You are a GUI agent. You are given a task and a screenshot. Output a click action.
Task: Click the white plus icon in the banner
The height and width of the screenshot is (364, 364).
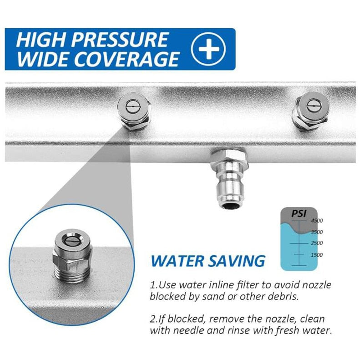[208, 49]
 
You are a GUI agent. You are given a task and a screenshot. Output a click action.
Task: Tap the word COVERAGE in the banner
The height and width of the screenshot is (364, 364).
[127, 59]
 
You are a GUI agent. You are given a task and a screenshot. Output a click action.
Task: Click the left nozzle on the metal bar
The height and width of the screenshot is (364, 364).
[134, 113]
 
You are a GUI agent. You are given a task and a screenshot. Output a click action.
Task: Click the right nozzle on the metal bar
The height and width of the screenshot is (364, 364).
[312, 111]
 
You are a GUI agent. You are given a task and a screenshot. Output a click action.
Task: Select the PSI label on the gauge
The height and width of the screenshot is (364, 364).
[299, 213]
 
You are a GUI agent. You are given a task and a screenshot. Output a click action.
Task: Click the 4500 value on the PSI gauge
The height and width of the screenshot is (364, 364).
[317, 221]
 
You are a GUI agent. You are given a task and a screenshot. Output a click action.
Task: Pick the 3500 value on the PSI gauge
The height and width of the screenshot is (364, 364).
[317, 232]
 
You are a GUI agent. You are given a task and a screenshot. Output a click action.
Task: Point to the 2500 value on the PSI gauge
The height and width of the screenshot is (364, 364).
[317, 243]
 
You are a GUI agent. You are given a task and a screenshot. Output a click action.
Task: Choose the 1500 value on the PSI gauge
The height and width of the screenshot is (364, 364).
[317, 255]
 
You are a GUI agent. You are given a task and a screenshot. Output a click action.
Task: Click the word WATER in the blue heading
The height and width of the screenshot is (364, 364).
[177, 261]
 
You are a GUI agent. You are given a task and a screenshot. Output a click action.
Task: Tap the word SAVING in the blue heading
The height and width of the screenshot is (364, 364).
[236, 261]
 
